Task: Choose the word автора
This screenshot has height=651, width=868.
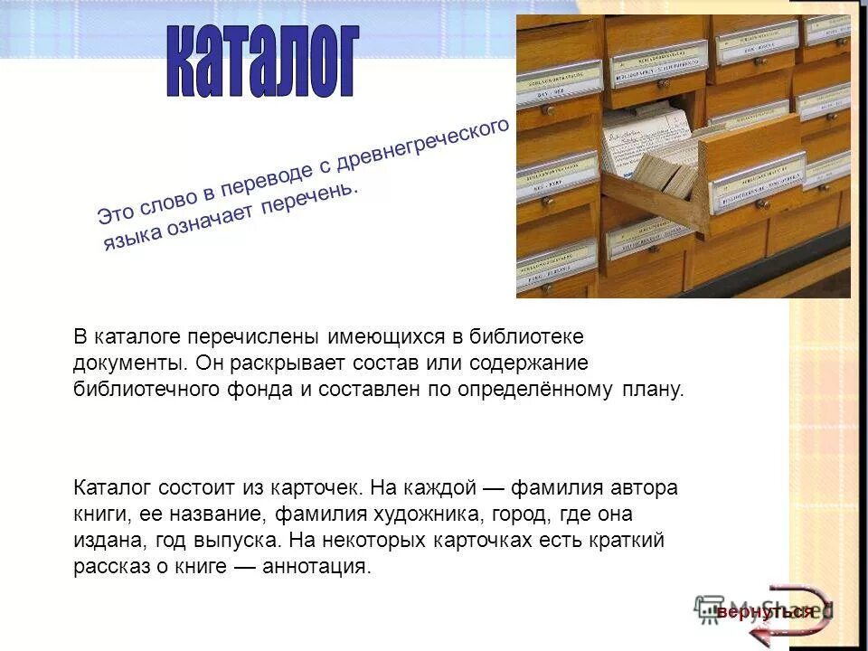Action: (x=646, y=488)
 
